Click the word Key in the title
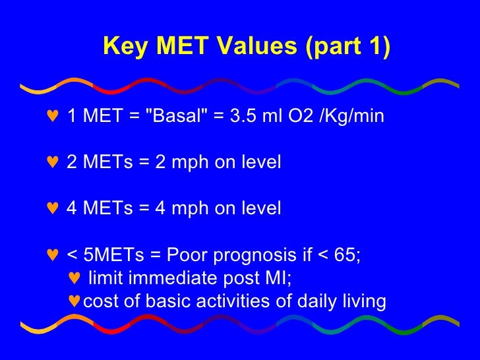123,47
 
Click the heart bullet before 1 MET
53,117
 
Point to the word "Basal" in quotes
174,117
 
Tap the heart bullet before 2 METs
53,162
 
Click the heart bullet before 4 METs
53,208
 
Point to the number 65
347,255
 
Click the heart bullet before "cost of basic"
75,301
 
